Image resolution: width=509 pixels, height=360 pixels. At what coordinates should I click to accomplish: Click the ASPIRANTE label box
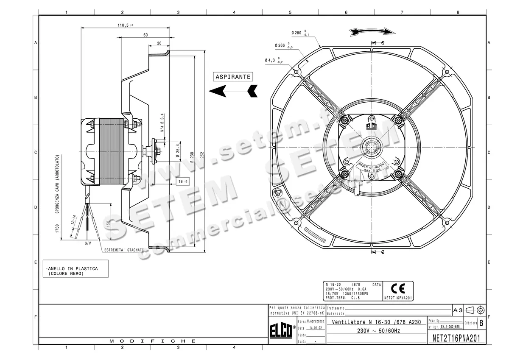(233, 77)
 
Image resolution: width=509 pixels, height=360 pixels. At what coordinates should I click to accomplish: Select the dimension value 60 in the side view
(145, 35)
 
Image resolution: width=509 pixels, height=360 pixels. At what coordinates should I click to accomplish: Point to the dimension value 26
(159, 43)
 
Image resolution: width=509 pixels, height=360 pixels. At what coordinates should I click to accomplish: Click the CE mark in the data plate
(398, 289)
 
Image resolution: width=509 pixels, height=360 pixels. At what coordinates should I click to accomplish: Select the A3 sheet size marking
(458, 310)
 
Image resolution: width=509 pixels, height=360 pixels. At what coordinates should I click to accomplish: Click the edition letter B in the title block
(481, 323)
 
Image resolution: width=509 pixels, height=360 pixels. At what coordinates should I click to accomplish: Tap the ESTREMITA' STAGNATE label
(124, 250)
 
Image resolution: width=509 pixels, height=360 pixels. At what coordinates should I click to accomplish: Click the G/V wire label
(88, 243)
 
